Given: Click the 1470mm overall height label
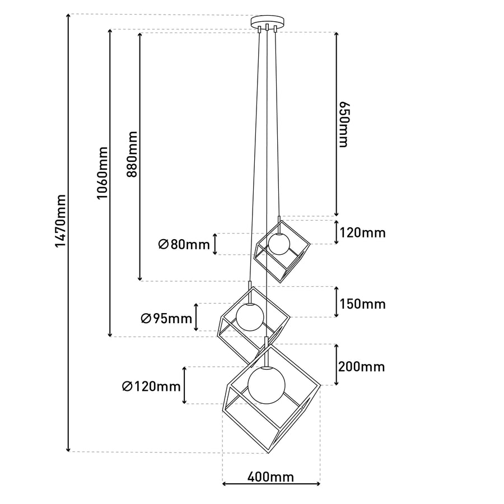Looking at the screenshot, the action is click(60, 221).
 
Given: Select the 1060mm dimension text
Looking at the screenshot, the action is click(102, 173).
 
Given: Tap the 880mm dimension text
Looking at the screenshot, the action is click(132, 154).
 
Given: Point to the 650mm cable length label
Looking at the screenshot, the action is click(344, 125).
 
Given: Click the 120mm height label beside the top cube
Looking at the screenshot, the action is click(362, 232).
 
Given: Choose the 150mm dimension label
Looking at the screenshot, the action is click(362, 304).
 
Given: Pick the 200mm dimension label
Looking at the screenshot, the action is click(361, 366).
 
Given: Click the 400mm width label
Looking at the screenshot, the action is click(270, 477).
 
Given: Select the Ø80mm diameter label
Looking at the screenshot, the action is click(184, 245).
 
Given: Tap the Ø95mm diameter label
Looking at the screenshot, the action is click(166, 319).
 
